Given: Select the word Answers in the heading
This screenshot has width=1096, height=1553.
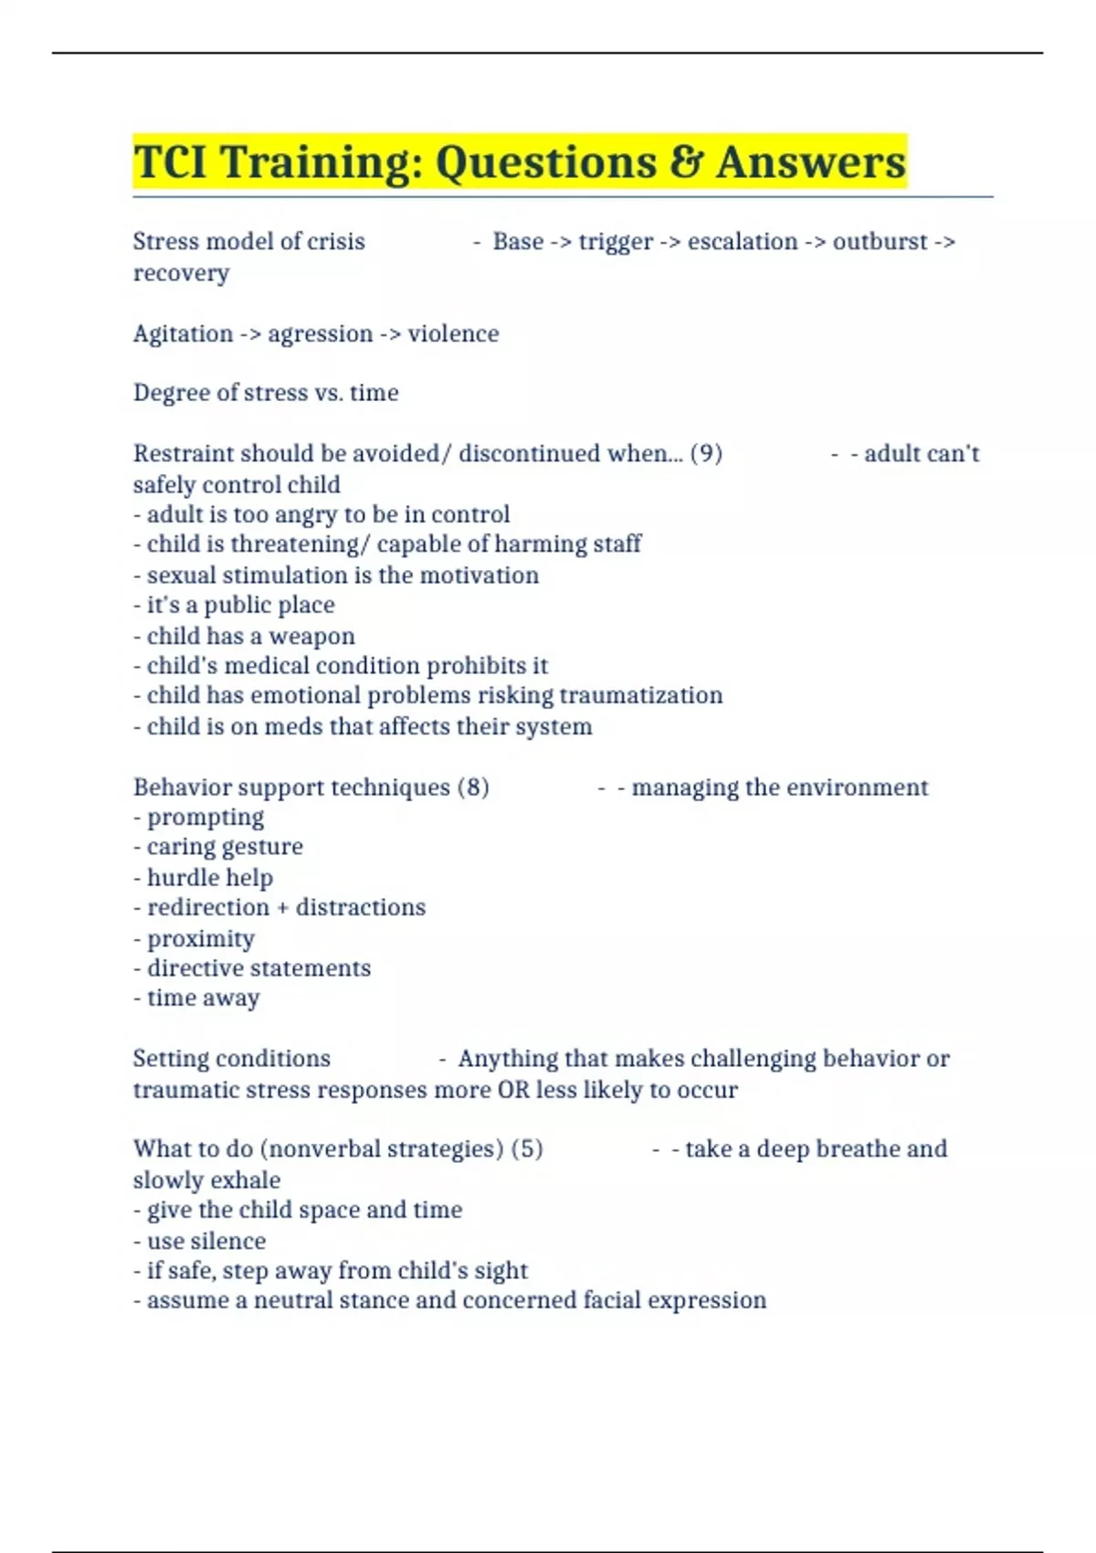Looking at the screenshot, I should click(811, 162).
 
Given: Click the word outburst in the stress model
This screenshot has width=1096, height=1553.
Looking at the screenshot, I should click(880, 241).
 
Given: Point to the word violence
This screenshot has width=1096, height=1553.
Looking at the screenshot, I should click(453, 333).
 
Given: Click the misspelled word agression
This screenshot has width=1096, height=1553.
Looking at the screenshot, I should click(320, 333).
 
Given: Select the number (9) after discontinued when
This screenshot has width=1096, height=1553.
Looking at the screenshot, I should click(706, 453).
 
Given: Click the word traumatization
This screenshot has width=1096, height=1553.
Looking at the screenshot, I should click(640, 695).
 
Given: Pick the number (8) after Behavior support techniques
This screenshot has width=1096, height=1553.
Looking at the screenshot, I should click(473, 787).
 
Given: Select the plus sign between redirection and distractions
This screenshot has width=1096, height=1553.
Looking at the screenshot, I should click(282, 907).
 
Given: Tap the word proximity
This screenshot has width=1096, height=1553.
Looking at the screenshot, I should click(200, 938).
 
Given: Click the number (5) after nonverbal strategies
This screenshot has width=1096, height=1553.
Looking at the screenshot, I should click(527, 1148).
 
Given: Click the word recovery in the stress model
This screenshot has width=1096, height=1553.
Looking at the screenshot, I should click(181, 273).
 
